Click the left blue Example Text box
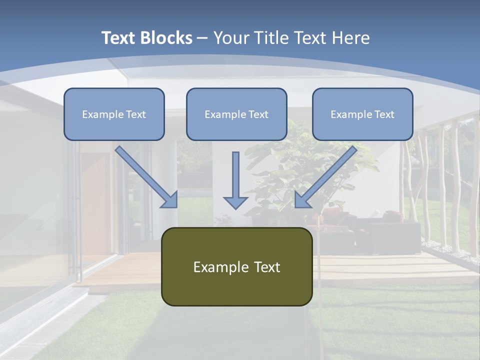tap(114, 114)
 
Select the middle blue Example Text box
tap(236, 114)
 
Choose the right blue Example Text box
tap(362, 114)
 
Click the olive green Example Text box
tap(236, 266)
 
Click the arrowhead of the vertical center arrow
tap(235, 202)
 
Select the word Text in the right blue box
tap(384, 114)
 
